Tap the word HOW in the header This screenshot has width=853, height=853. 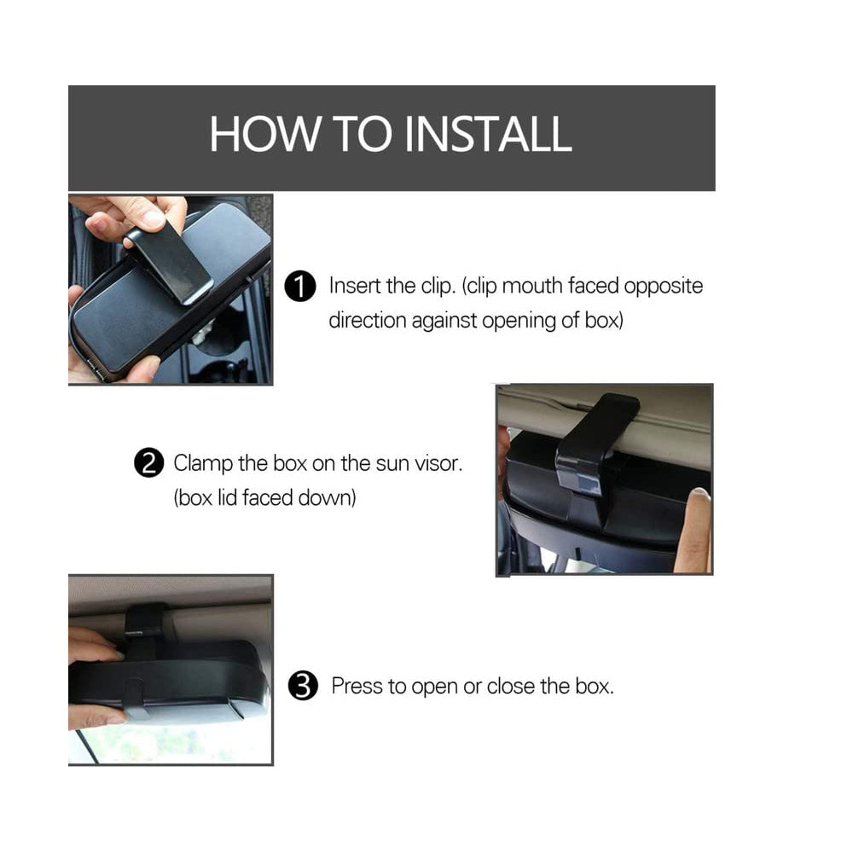click(265, 134)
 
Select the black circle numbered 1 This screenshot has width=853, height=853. click(299, 286)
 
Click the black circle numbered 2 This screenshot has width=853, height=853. click(148, 463)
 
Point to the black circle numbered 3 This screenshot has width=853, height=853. click(303, 686)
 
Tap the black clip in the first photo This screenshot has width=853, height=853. click(170, 260)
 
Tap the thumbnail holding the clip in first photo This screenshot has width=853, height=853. click(150, 219)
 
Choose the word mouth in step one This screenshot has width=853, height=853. click(532, 286)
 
